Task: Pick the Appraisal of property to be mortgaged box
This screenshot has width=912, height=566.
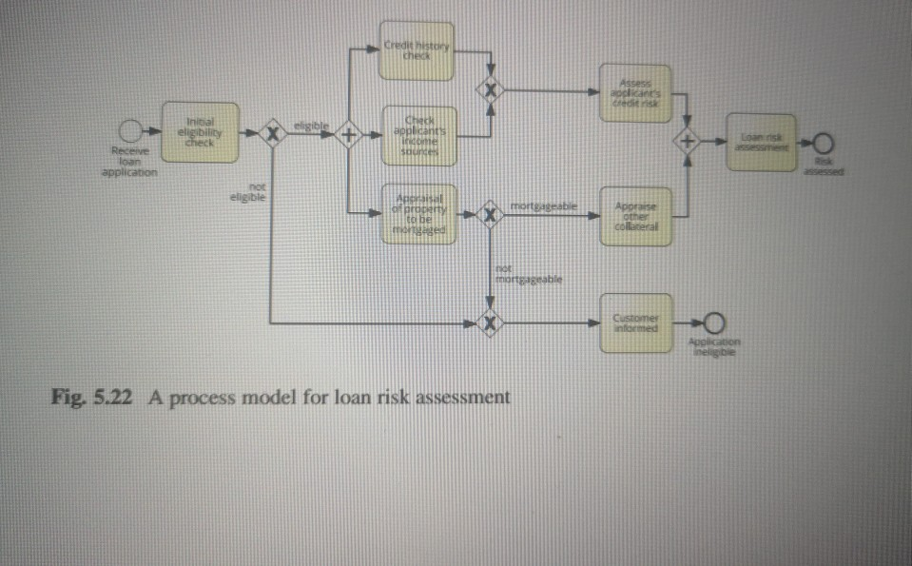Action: coord(419,213)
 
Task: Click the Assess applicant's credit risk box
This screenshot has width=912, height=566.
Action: coord(634,92)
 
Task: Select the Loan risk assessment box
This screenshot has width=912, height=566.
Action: coord(760,142)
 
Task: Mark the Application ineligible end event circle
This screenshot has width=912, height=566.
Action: coord(713,322)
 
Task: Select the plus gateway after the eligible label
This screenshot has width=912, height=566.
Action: coord(349,135)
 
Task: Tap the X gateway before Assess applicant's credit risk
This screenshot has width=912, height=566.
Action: coord(491,90)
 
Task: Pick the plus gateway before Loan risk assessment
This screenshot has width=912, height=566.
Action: coord(687,142)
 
